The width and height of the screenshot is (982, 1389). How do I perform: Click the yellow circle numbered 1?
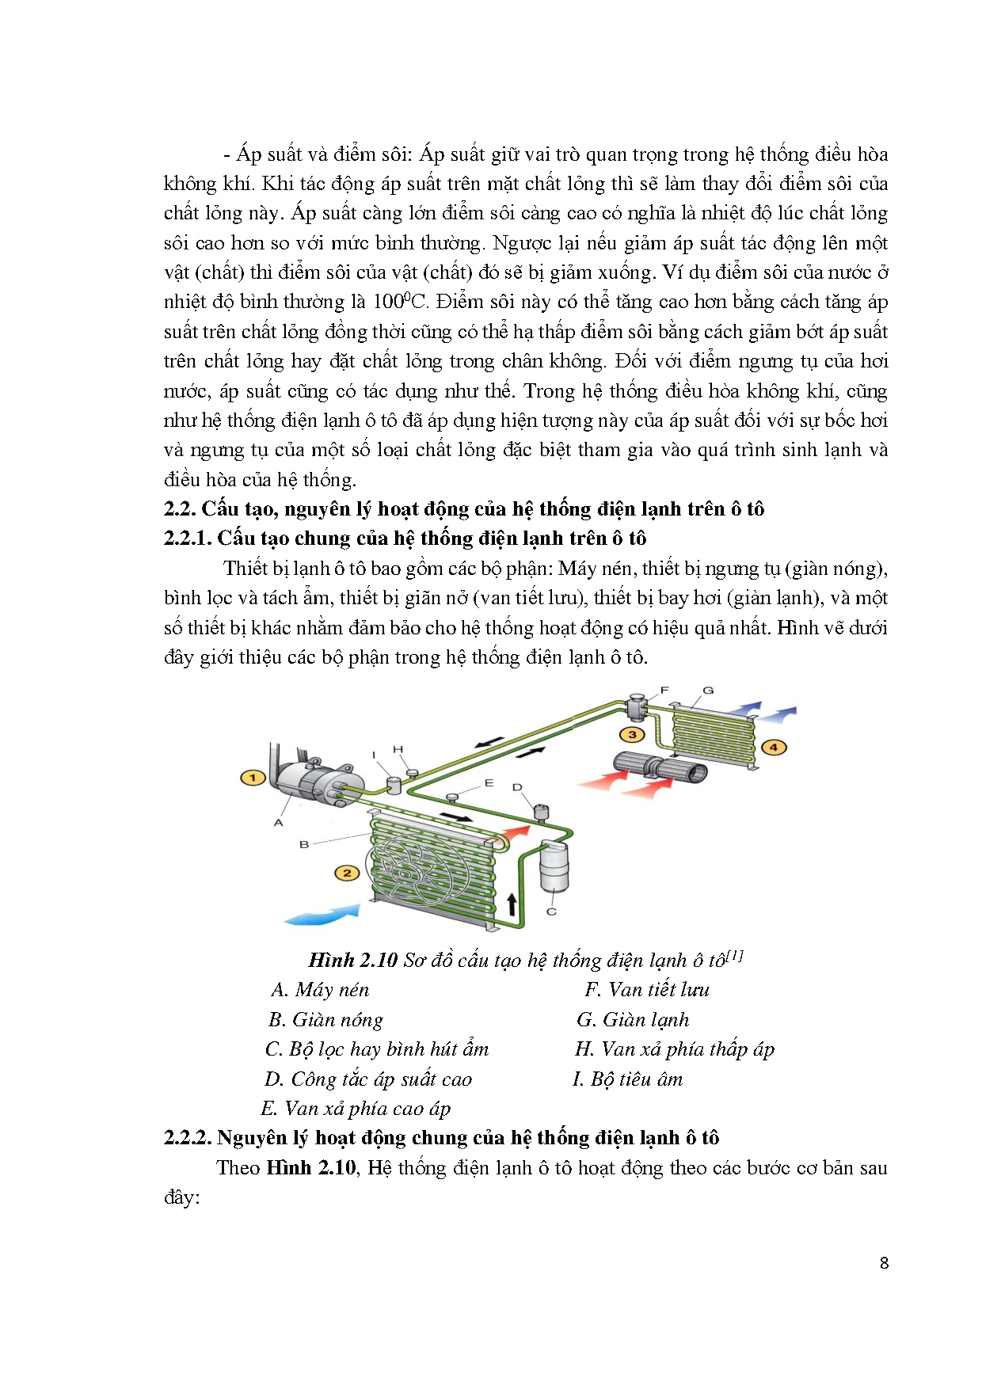point(253,778)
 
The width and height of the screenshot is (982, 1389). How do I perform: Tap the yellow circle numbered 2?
point(347,873)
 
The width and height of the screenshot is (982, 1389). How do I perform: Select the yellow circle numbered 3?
point(632,734)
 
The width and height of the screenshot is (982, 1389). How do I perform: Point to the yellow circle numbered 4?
point(773,747)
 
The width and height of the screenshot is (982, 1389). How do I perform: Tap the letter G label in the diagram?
point(708,691)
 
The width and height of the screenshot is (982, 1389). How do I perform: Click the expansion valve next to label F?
point(637,706)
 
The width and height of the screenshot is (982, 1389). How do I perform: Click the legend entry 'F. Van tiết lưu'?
point(647,990)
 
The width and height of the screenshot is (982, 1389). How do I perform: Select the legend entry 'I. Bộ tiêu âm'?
point(627,1079)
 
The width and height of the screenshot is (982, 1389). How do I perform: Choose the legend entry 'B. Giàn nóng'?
point(325,1020)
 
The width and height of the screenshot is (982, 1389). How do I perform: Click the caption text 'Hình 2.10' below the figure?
point(352,961)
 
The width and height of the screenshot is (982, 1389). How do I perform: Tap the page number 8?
point(884,1263)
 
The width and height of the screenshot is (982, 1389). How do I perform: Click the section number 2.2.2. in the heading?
point(188,1138)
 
